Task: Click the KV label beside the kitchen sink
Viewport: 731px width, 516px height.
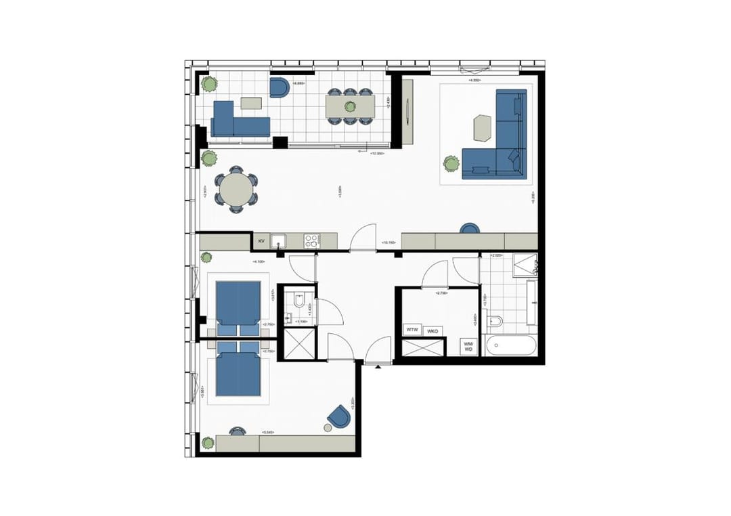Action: click(261, 240)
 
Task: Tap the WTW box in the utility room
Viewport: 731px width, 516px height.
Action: click(412, 330)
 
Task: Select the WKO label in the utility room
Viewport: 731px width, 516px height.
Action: click(433, 330)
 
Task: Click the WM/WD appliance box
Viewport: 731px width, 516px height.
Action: click(468, 347)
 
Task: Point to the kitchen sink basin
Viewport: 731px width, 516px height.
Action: click(278, 240)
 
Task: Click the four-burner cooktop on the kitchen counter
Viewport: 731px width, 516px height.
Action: click(311, 240)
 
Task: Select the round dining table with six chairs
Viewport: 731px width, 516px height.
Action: click(236, 190)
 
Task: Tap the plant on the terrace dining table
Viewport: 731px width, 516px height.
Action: click(349, 106)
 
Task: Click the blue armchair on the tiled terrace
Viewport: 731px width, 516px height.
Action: click(279, 87)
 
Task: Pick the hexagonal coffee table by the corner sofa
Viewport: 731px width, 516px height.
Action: click(483, 127)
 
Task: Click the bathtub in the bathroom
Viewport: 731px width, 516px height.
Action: click(514, 346)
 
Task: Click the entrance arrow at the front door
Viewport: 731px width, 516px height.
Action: click(376, 366)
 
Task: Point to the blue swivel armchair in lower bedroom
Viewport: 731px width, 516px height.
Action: click(339, 416)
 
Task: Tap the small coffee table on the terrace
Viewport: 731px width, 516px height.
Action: click(251, 103)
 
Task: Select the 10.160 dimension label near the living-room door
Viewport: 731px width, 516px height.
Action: click(389, 241)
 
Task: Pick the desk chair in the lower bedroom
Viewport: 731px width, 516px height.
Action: click(237, 431)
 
